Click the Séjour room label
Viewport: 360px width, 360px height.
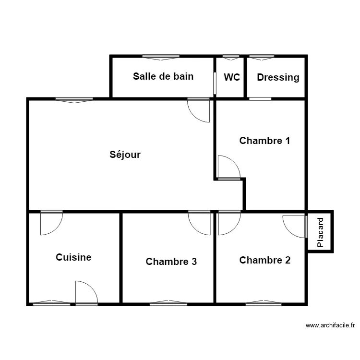point(125,155)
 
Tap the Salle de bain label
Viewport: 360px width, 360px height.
point(163,76)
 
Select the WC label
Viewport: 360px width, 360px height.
point(232,77)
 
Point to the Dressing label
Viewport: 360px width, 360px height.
point(278,78)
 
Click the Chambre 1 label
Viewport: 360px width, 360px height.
point(264,141)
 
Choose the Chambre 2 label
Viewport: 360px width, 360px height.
point(264,260)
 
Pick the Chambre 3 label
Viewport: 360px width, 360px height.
point(171,262)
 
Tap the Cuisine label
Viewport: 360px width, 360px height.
point(73,257)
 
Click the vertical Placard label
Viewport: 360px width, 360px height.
point(320,232)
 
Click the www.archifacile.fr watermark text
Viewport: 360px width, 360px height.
point(330,325)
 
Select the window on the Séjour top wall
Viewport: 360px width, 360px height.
point(74,100)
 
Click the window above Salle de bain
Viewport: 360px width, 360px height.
point(161,57)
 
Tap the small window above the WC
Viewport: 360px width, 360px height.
point(231,57)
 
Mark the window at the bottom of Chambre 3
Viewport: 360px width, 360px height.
point(168,303)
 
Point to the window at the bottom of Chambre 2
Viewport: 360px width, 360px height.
point(264,303)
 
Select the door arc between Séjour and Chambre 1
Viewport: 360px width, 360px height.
point(234,162)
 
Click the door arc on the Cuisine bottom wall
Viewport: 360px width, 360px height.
point(91,287)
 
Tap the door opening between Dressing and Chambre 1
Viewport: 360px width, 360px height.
point(260,99)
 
